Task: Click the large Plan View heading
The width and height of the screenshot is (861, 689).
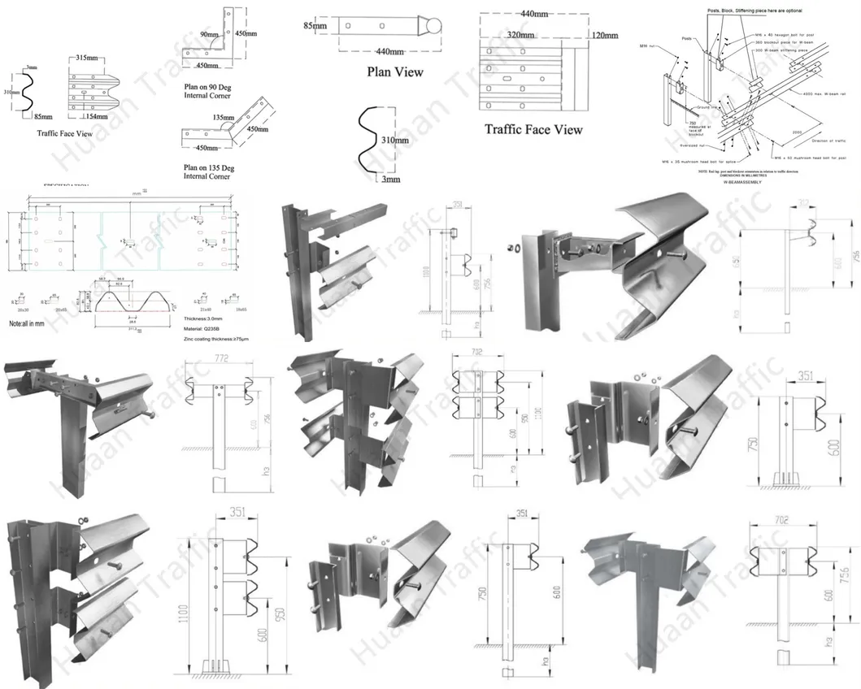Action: (395, 71)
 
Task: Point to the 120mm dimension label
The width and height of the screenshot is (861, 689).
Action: (605, 36)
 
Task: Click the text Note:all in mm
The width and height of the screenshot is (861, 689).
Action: (33, 323)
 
